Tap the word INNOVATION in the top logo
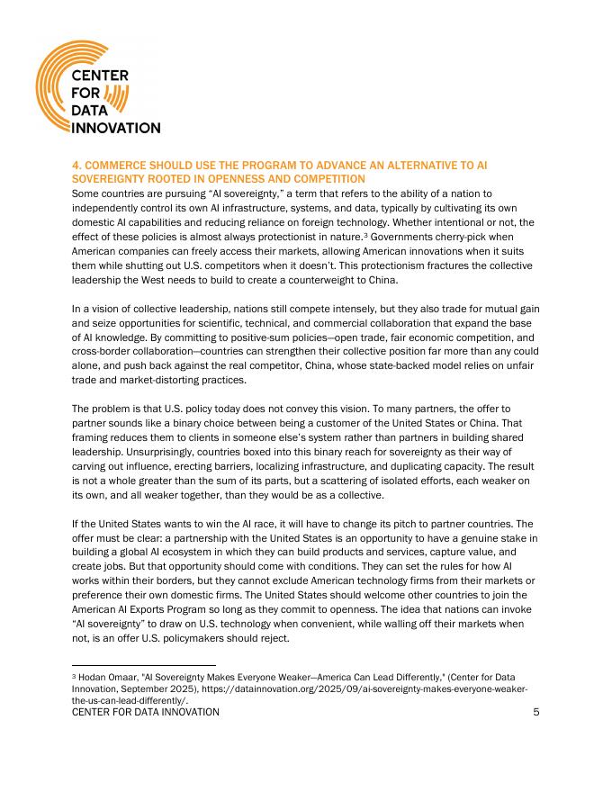116,128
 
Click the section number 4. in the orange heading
76,166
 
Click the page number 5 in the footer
535,712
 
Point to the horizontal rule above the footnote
143,665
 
